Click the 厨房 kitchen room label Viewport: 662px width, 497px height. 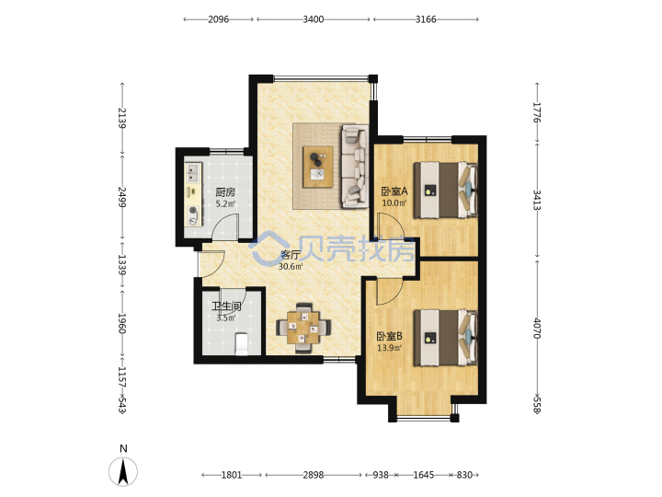coord(225,192)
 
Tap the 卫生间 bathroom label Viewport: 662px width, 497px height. coord(226,306)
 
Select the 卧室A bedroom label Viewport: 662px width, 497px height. coord(394,191)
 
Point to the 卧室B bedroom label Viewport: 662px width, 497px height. coord(389,337)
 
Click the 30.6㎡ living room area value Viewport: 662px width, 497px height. coord(291,267)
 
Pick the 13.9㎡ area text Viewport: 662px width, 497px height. coord(389,348)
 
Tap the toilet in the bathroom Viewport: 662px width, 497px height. coord(241,344)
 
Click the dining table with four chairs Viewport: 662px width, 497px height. coord(303,328)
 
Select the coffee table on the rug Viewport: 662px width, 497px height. coord(318,167)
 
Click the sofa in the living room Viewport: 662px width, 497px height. coord(355,166)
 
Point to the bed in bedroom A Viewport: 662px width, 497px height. coord(445,191)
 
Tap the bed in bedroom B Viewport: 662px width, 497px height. coord(445,338)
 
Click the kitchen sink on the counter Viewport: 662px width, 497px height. coord(193,172)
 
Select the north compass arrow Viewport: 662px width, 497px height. coord(123,472)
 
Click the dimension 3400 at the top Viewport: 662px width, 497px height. coord(314,19)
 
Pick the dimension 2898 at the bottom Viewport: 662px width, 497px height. coord(314,475)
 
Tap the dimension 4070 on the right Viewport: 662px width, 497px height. coord(537,329)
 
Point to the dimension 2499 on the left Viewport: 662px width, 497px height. coord(122,197)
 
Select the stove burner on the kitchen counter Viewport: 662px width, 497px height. coord(193,210)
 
